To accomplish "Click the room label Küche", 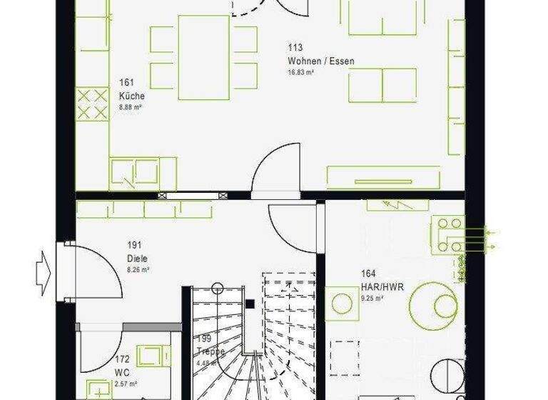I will click(x=132, y=96).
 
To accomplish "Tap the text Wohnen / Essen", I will click(x=321, y=61).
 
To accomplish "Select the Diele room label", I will click(x=137, y=258).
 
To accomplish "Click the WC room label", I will click(x=121, y=374).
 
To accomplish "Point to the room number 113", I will click(x=295, y=48).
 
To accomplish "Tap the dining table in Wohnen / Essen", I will click(x=204, y=57).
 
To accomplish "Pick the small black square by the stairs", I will click(x=250, y=304).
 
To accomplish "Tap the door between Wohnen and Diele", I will click(x=278, y=171).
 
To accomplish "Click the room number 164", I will click(x=368, y=273).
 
